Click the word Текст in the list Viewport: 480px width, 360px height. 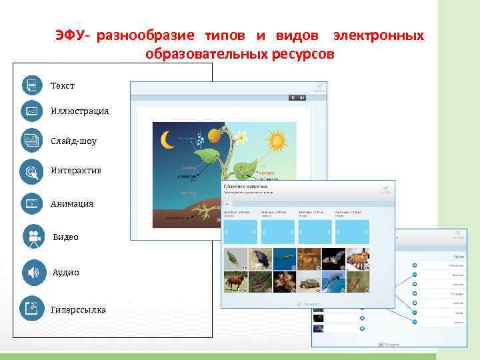tap(63, 86)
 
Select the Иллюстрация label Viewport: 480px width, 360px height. tap(79, 111)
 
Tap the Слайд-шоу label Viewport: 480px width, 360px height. tap(73, 141)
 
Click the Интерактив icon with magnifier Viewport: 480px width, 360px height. tap(31, 171)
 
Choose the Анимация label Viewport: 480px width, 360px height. tap(72, 203)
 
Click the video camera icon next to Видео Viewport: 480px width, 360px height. tap(32, 237)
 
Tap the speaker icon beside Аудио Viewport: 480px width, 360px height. tap(32, 272)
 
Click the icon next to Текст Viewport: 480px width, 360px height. tap(31, 85)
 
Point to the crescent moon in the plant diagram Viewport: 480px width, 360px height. tap(167, 139)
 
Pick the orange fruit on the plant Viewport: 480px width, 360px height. tap(214, 136)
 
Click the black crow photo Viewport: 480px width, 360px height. tap(259, 259)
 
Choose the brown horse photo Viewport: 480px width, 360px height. tap(235, 282)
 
